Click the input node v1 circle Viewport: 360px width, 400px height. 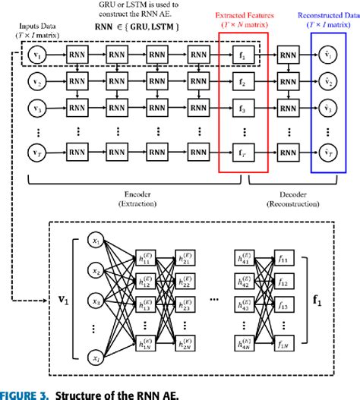(x=35, y=55)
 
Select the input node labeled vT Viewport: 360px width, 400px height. (x=35, y=152)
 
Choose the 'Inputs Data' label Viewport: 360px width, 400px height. (x=33, y=27)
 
